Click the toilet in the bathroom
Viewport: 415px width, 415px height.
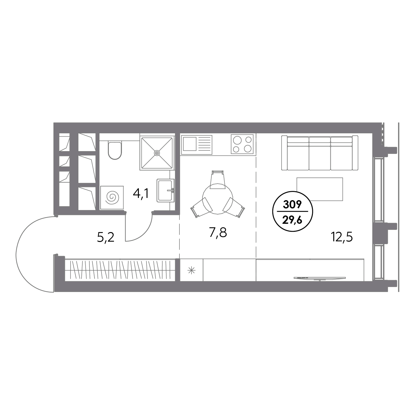tap(115, 150)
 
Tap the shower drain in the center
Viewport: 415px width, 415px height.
tap(157, 153)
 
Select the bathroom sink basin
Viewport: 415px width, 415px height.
tap(165, 190)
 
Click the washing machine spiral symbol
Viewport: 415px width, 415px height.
tap(111, 198)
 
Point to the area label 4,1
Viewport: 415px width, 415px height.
tap(141, 194)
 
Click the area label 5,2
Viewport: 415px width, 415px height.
tap(106, 238)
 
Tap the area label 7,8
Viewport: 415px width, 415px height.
tap(218, 233)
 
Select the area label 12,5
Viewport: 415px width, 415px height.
tap(342, 238)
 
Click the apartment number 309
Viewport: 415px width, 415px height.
tap(292, 205)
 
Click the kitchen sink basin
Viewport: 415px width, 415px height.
tap(190, 144)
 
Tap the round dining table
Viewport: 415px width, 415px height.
tap(217, 199)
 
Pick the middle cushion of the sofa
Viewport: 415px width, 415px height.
tap(320, 153)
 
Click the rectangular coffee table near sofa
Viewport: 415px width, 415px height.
tap(320, 189)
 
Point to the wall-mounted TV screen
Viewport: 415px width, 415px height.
tap(320, 279)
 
